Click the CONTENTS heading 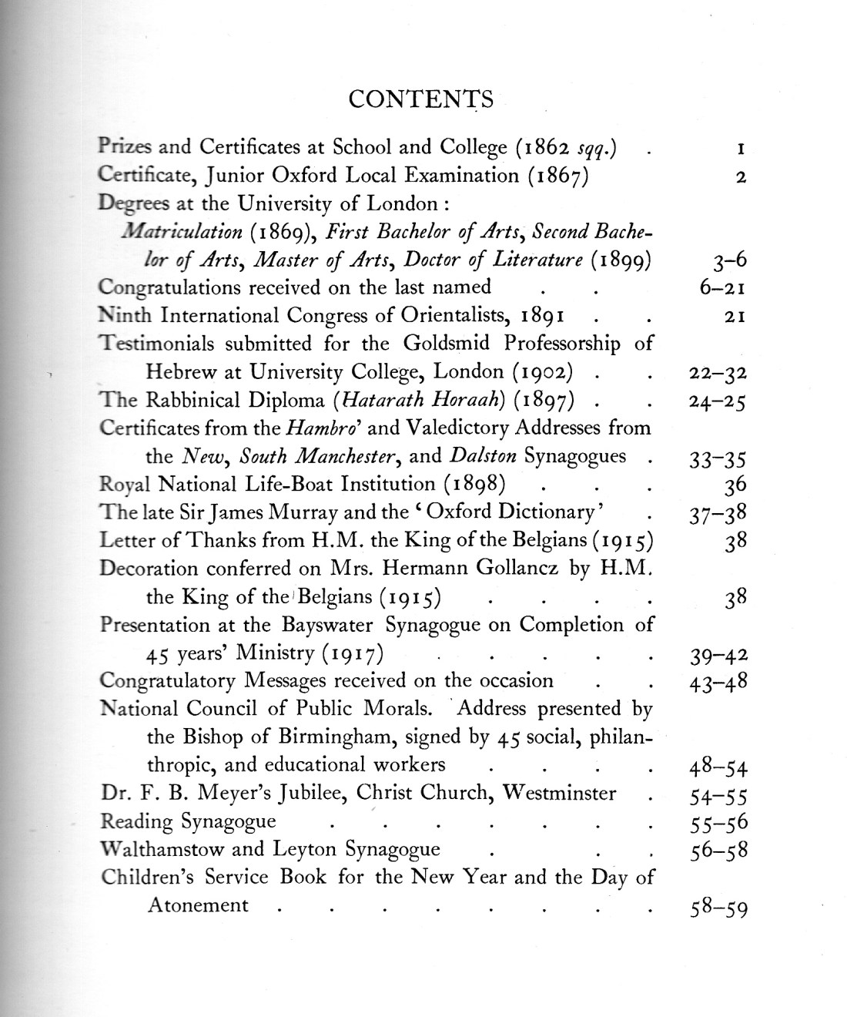pyautogui.click(x=420, y=99)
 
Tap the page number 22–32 pyautogui.click(x=717, y=374)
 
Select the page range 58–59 pyautogui.click(x=717, y=908)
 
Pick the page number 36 pyautogui.click(x=735, y=486)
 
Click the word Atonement pyautogui.click(x=198, y=905)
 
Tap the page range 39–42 pyautogui.click(x=717, y=656)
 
